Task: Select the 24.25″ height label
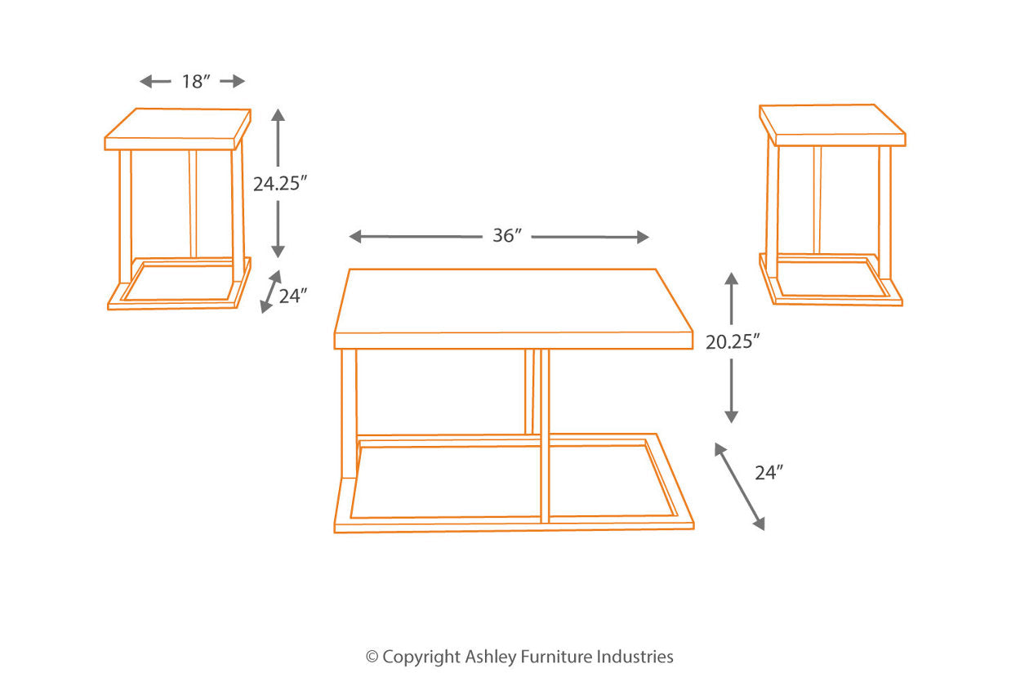point(279,185)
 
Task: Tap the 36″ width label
point(506,236)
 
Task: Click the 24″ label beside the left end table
point(292,296)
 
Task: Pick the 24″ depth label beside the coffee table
point(769,472)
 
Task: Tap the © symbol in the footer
point(372,657)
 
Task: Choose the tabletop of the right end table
point(832,125)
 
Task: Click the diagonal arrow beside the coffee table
point(740,486)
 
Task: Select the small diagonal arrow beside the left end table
point(270,292)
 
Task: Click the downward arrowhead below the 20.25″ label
point(731,416)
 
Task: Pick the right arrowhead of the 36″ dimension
point(642,237)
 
